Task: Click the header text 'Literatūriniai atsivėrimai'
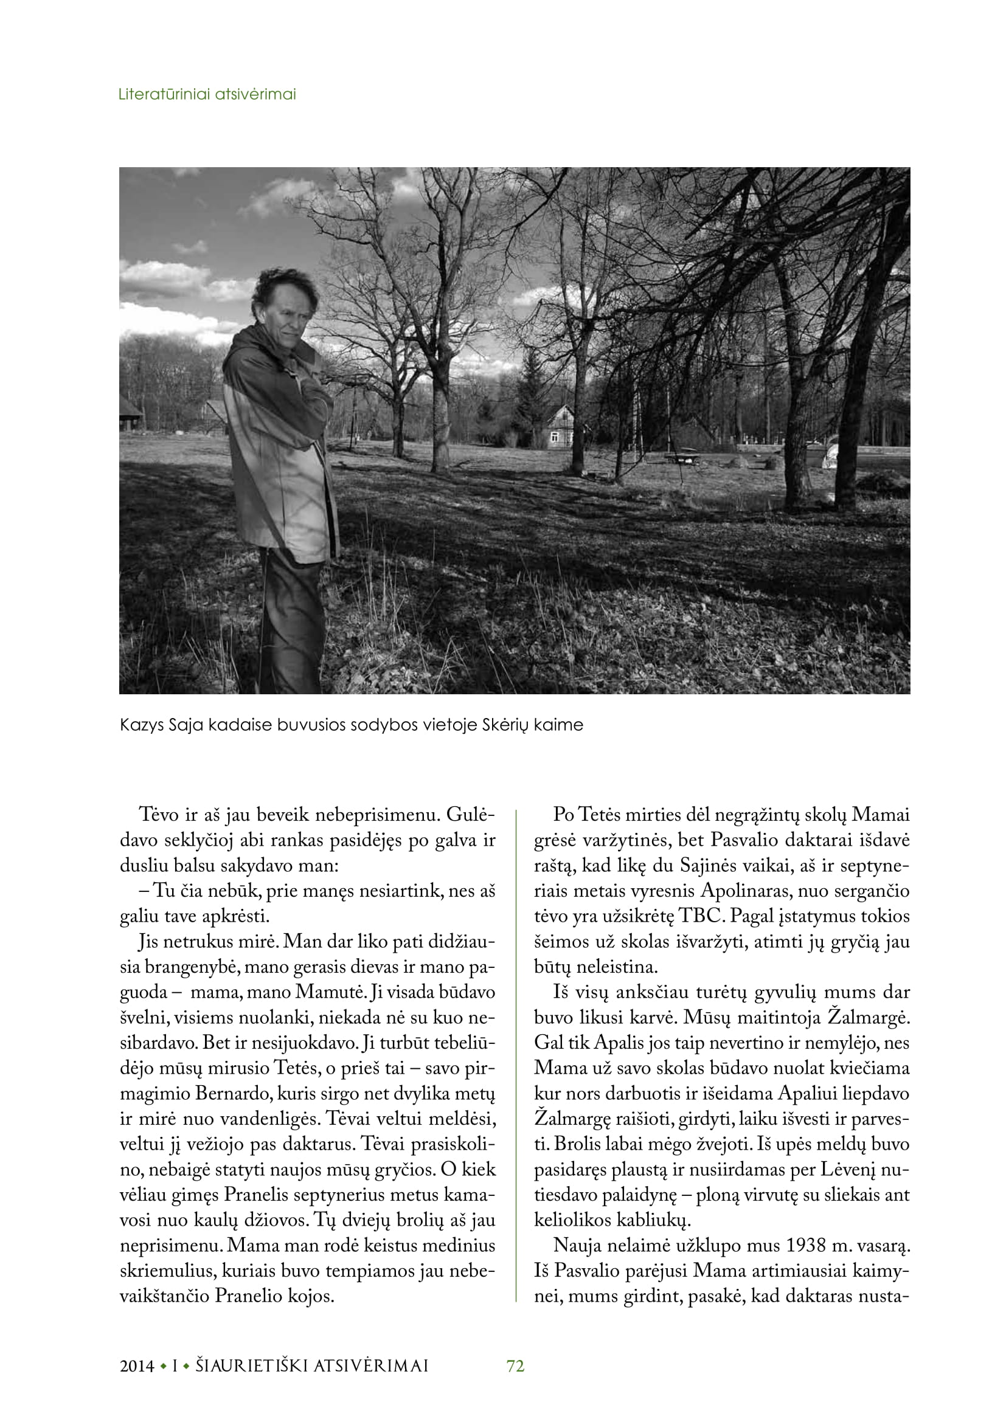click(x=207, y=95)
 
